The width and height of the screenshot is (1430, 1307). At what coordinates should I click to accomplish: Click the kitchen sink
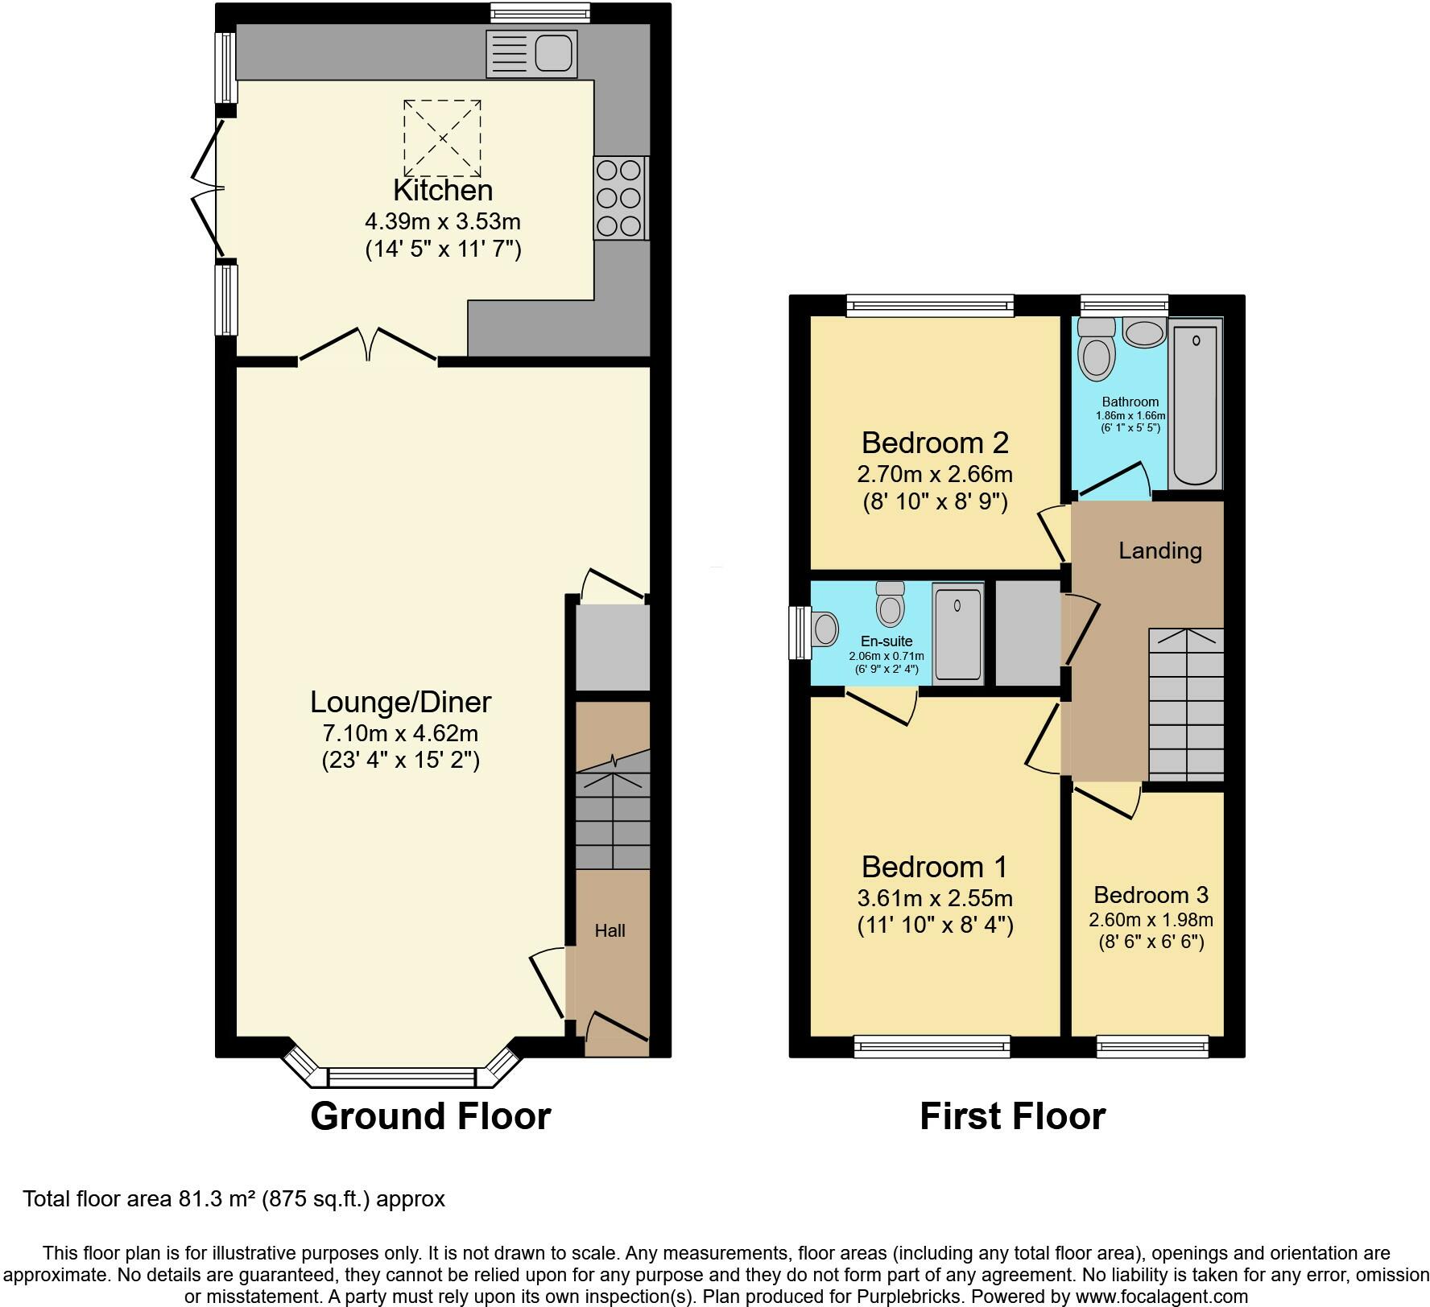coord(531,54)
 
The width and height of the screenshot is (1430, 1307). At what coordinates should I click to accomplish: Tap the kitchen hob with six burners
coord(621,198)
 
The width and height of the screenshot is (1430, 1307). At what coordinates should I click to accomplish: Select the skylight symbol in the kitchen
coord(442,138)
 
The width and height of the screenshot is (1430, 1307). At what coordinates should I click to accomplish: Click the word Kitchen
coord(443,190)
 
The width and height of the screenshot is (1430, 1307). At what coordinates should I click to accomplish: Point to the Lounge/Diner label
coord(400,703)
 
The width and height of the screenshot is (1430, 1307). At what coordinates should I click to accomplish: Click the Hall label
coord(610,930)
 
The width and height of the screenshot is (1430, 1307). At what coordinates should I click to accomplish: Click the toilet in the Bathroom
coord(1097,349)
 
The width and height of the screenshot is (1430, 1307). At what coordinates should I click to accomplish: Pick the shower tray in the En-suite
coord(958,634)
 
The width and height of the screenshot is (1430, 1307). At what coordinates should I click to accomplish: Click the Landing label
coord(1160,550)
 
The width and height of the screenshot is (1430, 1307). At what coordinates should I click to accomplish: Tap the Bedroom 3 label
coord(1151,895)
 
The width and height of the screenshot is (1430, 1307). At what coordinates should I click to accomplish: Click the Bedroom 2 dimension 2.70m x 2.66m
coord(935,474)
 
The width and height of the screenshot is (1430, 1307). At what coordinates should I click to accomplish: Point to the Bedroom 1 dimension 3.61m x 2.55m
coord(935,898)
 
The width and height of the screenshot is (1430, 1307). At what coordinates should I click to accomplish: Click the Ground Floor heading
coord(431,1116)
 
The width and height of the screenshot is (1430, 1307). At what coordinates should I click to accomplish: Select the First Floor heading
coord(1013,1116)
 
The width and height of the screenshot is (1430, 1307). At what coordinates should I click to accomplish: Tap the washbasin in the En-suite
coord(825,629)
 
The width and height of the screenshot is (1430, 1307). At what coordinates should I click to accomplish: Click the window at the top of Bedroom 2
coord(930,305)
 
